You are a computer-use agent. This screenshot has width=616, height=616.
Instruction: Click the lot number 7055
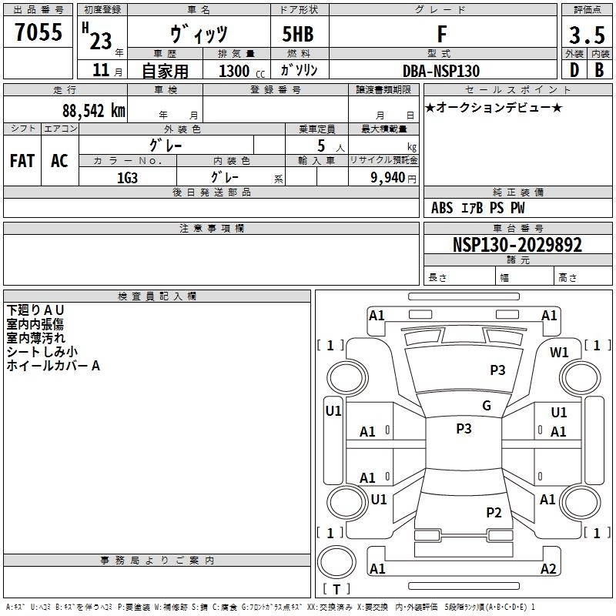[38, 32]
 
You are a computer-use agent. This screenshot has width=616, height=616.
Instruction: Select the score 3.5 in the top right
[587, 35]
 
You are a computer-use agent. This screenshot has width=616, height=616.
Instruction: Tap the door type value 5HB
[298, 34]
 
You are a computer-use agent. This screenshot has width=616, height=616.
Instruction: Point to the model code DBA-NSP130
[441, 71]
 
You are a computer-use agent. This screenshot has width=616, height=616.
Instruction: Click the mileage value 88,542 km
[94, 111]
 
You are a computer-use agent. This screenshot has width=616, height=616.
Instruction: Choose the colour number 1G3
[127, 178]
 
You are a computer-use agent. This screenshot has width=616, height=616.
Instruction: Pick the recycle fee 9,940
[388, 177]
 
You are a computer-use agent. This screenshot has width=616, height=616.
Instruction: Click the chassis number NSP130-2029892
[517, 244]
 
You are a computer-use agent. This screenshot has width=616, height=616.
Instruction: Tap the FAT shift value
[22, 161]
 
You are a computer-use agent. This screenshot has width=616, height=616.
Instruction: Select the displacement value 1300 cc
[242, 71]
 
